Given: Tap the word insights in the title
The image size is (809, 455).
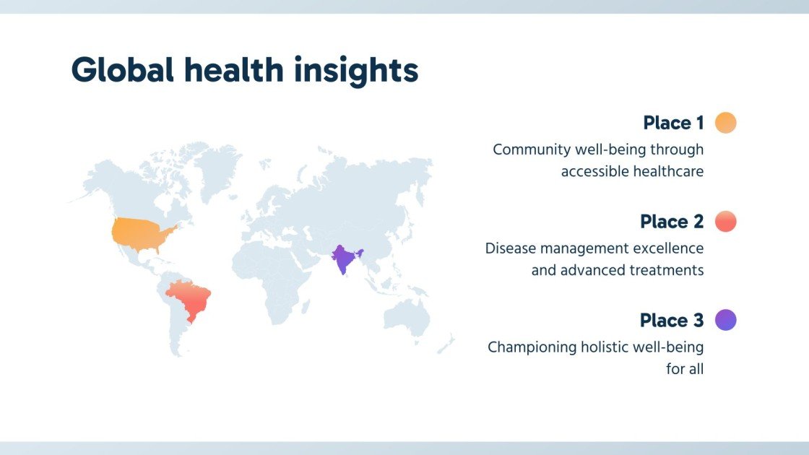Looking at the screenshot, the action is (x=356, y=71).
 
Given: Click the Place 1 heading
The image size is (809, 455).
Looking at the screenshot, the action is (x=673, y=123).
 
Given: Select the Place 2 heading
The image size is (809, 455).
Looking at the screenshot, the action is (x=672, y=221).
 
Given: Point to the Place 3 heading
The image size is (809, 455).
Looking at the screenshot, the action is (x=672, y=320).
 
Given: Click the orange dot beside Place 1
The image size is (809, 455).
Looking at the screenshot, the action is (x=725, y=123).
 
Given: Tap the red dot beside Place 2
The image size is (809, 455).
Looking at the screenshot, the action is (x=725, y=221).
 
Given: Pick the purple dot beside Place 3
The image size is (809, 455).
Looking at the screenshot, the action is (x=725, y=320).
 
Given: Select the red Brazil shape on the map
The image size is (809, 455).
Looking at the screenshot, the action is (x=190, y=299).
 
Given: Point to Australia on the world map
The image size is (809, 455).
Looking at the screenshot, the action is (x=407, y=315).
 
